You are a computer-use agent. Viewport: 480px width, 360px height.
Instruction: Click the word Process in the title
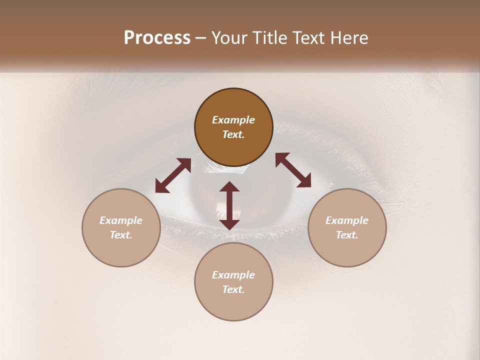pyautogui.click(x=157, y=38)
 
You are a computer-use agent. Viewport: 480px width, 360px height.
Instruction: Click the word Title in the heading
pyautogui.click(x=267, y=38)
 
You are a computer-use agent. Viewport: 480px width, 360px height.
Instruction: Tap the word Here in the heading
pyautogui.click(x=348, y=38)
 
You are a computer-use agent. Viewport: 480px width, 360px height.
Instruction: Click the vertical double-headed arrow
pyautogui.click(x=229, y=205)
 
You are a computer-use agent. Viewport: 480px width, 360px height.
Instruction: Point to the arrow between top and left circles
pyautogui.click(x=173, y=175)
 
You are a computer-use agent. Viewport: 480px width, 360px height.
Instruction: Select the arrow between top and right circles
pyautogui.click(x=293, y=170)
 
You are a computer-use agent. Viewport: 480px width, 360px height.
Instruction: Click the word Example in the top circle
pyautogui.click(x=233, y=120)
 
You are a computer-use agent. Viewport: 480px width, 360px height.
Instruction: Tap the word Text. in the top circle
pyautogui.click(x=233, y=134)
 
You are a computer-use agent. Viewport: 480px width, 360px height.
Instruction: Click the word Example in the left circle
pyautogui.click(x=121, y=220)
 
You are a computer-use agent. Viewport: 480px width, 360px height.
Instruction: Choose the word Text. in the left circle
pyautogui.click(x=121, y=235)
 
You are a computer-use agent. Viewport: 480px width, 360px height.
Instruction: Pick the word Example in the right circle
pyautogui.click(x=347, y=220)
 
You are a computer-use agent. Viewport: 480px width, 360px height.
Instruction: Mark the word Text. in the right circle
pyautogui.click(x=347, y=235)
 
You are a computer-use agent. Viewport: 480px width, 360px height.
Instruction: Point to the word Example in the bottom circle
pyautogui.click(x=233, y=275)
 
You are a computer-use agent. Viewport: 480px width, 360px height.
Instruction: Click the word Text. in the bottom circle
pyautogui.click(x=233, y=289)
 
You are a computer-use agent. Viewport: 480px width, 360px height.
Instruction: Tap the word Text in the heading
pyautogui.click(x=307, y=38)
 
